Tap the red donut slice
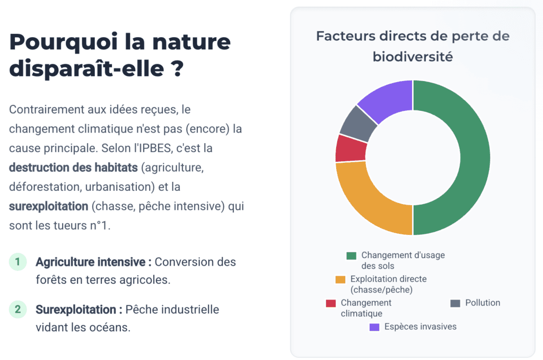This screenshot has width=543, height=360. pos(351,148)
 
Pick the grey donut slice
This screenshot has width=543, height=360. pos(358,122)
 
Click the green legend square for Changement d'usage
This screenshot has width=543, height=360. pos(351,256)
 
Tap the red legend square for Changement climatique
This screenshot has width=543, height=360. pos(331,303)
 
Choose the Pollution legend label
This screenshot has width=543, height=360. pos(483,303)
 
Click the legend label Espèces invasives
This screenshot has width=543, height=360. pos(420,327)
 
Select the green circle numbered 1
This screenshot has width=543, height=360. pos(18,262)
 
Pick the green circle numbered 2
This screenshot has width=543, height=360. pos(18,309)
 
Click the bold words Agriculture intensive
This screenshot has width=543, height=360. pos(93,262)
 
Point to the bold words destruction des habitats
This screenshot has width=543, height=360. pos(73,168)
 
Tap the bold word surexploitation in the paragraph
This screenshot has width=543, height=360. pos(48,206)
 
